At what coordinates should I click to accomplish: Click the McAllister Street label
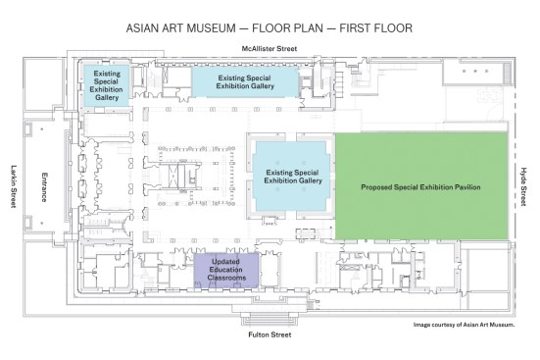pyautogui.click(x=269, y=49)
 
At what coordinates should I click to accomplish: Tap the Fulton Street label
pyautogui.click(x=270, y=334)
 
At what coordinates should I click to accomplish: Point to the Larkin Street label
pyautogui.click(x=14, y=186)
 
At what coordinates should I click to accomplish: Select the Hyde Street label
pyautogui.click(x=523, y=186)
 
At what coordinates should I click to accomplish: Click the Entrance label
pyautogui.click(x=44, y=187)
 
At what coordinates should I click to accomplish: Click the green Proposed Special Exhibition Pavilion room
pyautogui.click(x=421, y=185)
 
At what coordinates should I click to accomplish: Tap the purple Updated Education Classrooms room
pyautogui.click(x=226, y=271)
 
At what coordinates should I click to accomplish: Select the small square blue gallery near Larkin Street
pyautogui.click(x=107, y=85)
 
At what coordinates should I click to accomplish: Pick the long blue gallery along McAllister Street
pyautogui.click(x=245, y=82)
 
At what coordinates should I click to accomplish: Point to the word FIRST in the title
pyautogui.click(x=357, y=27)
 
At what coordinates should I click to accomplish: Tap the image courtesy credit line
pyautogui.click(x=464, y=325)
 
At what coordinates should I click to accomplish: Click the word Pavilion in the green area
pyautogui.click(x=466, y=187)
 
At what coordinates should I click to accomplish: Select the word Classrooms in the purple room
pyautogui.click(x=226, y=278)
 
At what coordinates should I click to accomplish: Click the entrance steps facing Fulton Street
pyautogui.click(x=270, y=319)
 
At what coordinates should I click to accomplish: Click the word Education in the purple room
pyautogui.click(x=226, y=270)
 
